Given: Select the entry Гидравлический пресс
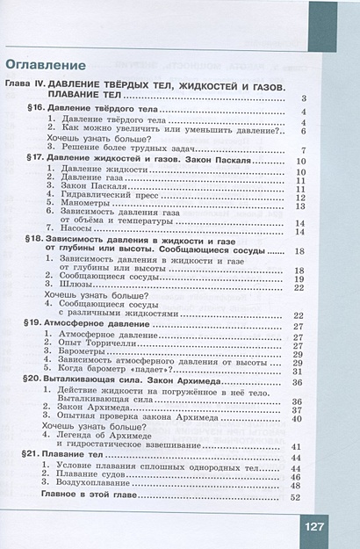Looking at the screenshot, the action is click(101, 196).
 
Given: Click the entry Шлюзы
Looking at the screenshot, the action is click(76, 286).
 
